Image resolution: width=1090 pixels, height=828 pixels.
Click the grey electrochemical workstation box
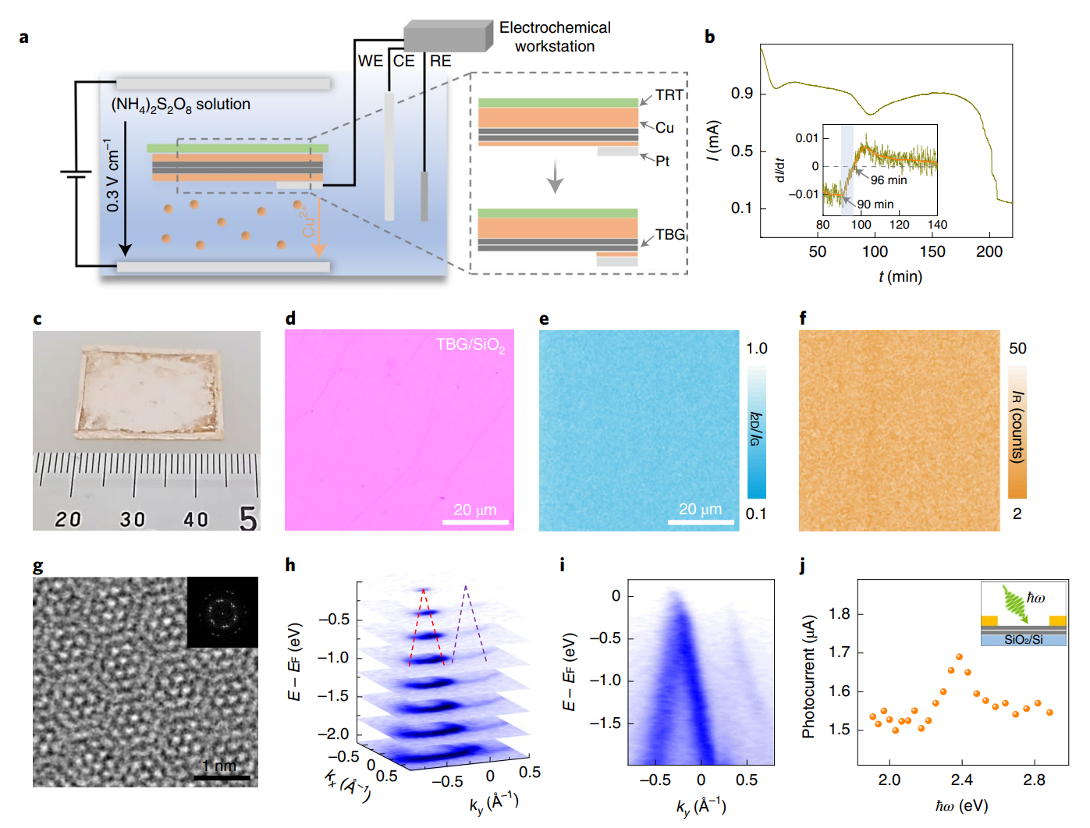pos(447,37)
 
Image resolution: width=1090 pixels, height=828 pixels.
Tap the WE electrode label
pos(370,61)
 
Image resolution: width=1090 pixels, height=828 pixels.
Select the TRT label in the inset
pos(669,95)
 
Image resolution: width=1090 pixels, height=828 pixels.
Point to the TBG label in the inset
pos(669,234)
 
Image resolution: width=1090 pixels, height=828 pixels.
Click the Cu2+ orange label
pos(308,221)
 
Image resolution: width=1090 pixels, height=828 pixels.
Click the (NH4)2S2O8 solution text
pos(181,105)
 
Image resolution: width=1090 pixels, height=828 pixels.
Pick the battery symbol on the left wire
pos(76,174)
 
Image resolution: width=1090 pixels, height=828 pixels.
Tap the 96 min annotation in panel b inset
pos(889,180)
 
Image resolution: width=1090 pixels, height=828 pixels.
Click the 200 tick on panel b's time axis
pos(989,251)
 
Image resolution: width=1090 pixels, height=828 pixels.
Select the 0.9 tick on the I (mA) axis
pos(741,94)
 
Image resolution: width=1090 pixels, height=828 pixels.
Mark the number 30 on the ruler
pos(132,519)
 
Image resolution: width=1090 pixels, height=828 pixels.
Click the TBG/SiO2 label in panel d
pos(470,345)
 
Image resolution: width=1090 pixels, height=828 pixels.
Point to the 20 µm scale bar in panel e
pos(700,521)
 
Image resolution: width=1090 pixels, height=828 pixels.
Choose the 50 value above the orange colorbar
pos(1017,348)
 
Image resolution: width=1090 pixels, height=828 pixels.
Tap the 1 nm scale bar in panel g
pos(222,776)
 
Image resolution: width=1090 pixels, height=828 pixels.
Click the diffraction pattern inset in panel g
pos(222,613)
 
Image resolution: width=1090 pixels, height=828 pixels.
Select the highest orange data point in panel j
pos(959,657)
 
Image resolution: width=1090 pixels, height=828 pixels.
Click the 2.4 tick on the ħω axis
pos(961,780)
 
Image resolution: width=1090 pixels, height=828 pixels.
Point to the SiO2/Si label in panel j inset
pos(1023,640)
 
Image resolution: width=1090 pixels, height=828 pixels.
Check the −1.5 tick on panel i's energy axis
pos(605,723)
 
